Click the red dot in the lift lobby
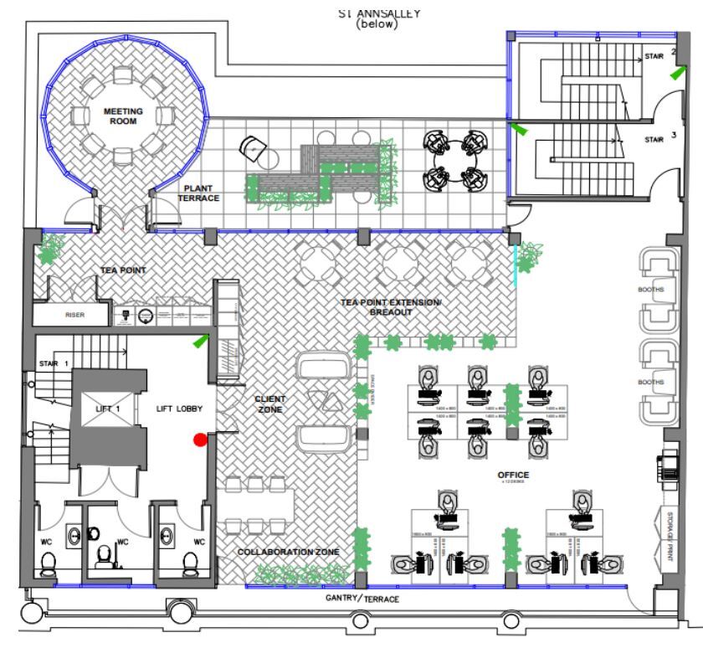pyautogui.click(x=200, y=440)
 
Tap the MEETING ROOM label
pyautogui.click(x=123, y=116)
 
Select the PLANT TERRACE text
pyautogui.click(x=198, y=193)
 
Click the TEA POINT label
pyautogui.click(x=123, y=270)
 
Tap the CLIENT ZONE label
pyautogui.click(x=270, y=404)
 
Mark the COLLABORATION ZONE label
pyautogui.click(x=288, y=553)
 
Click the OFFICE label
pyautogui.click(x=514, y=476)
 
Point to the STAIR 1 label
pyautogui.click(x=53, y=363)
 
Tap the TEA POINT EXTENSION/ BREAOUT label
pyautogui.click(x=390, y=306)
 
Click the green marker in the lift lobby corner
pyautogui.click(x=201, y=340)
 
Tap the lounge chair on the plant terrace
pyautogui.click(x=252, y=148)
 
